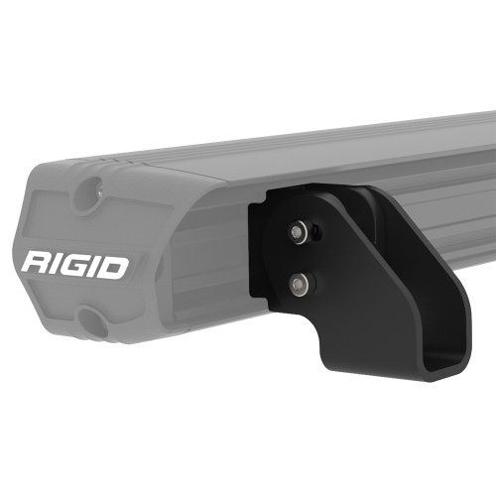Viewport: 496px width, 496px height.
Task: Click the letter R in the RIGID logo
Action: [38, 266]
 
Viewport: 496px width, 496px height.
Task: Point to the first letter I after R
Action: [62, 266]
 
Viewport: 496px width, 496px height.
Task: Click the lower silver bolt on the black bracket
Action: [298, 284]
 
